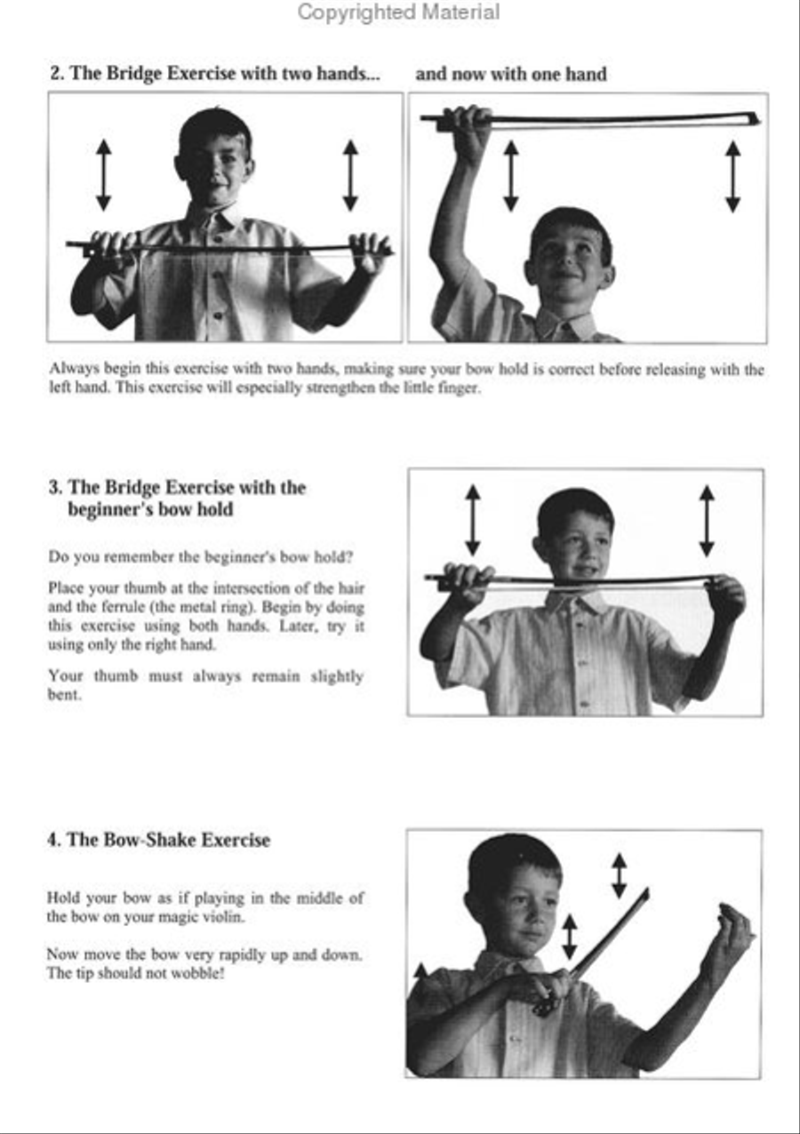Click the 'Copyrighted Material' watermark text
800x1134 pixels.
398,12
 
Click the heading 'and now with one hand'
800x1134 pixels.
511,75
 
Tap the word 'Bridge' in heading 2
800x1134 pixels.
134,74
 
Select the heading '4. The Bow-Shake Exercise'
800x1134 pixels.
158,840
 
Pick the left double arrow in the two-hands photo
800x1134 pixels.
103,175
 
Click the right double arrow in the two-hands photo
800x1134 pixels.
350,175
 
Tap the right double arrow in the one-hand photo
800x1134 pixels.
732,177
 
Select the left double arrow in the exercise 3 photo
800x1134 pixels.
472,520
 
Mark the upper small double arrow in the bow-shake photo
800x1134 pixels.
619,875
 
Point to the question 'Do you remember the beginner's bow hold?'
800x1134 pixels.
201,557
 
